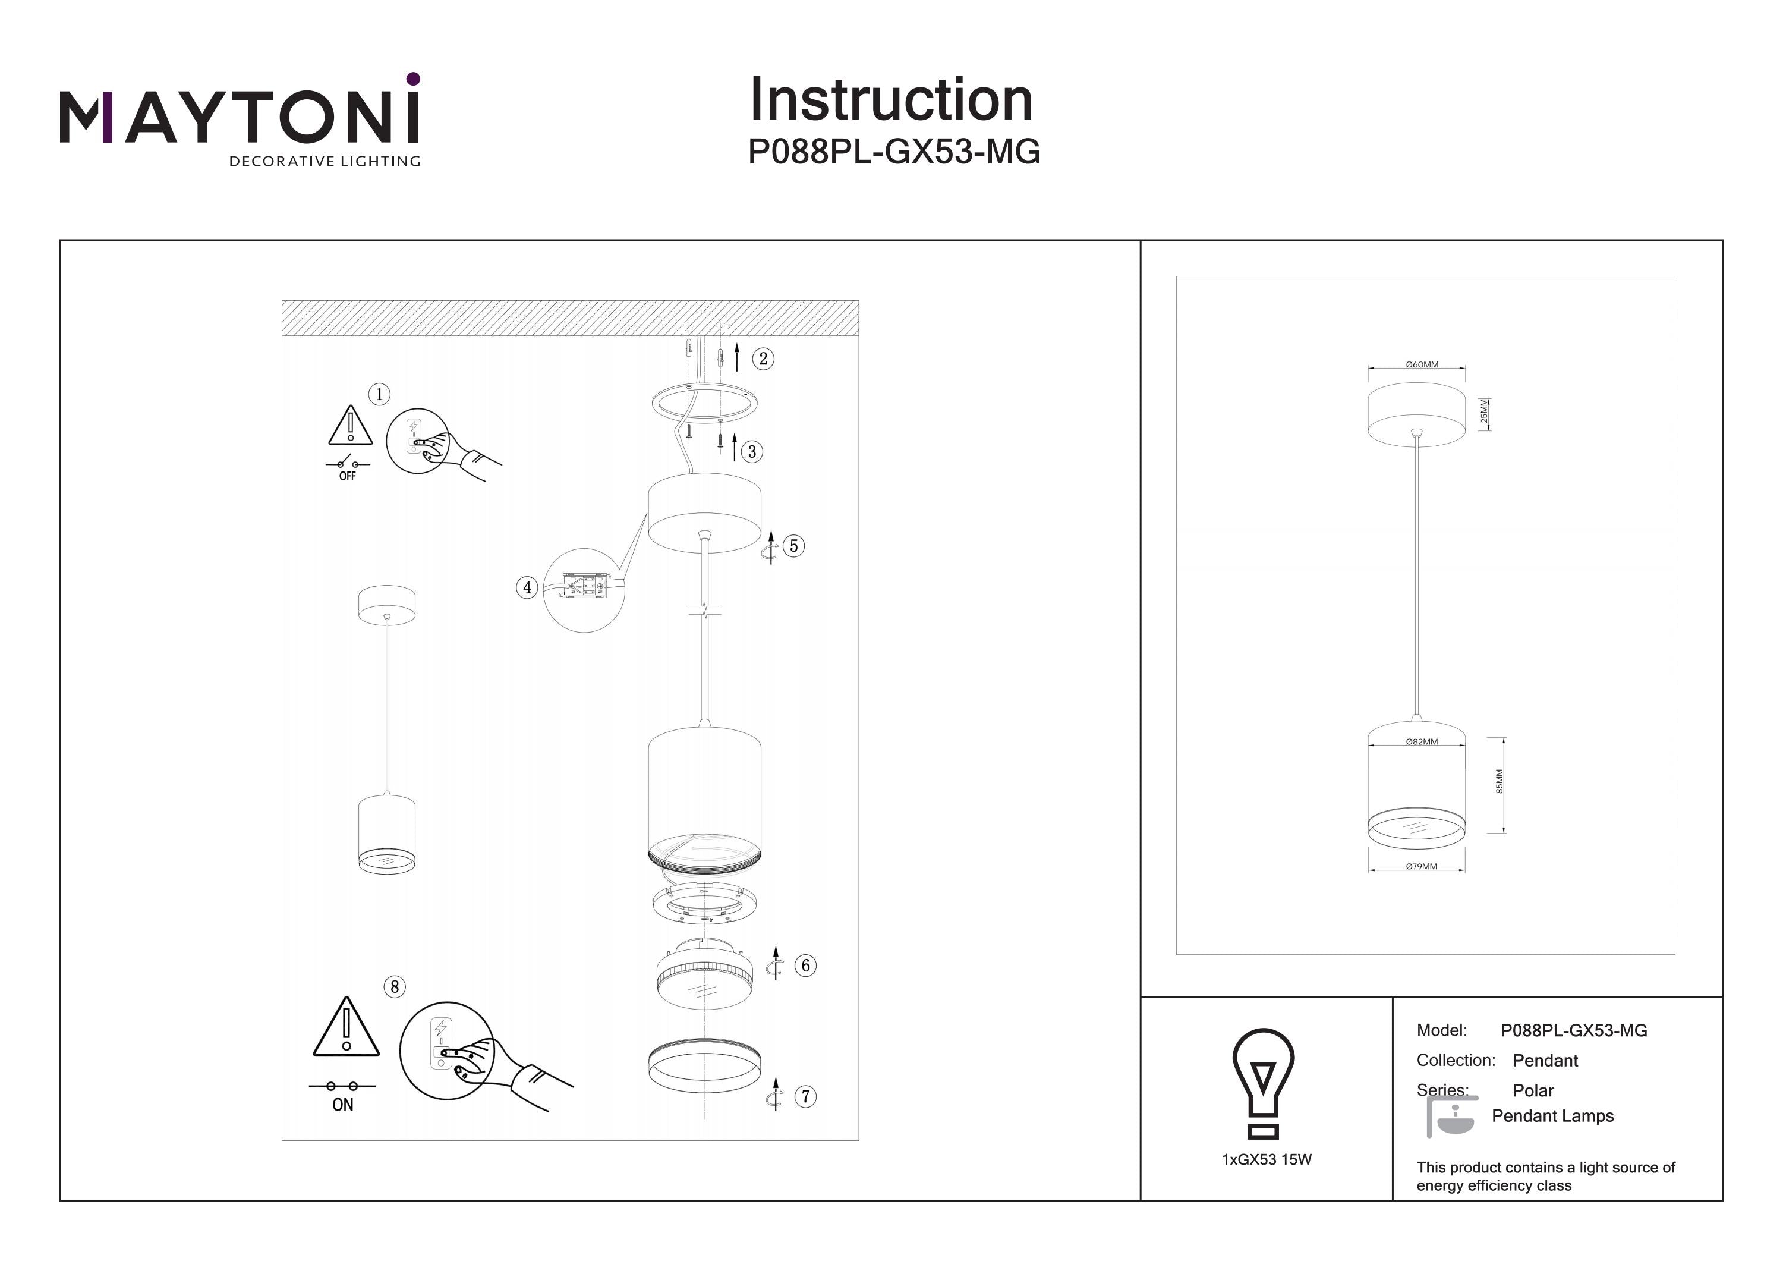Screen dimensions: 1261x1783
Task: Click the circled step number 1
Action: click(379, 394)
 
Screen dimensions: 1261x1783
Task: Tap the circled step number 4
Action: click(527, 587)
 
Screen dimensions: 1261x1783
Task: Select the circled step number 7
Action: click(805, 1096)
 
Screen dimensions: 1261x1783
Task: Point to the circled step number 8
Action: click(395, 987)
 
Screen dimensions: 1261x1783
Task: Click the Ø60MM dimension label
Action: click(1422, 364)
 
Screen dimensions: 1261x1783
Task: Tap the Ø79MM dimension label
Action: click(1421, 866)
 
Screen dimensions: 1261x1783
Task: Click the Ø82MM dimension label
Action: click(1422, 742)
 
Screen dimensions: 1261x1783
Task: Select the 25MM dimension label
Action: click(1484, 413)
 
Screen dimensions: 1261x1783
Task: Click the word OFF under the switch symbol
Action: click(347, 476)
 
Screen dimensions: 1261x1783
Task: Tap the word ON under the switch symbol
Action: click(342, 1105)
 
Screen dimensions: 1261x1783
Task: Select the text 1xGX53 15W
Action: click(1267, 1160)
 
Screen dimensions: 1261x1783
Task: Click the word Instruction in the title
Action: click(891, 100)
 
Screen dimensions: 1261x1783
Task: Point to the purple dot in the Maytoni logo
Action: click(413, 78)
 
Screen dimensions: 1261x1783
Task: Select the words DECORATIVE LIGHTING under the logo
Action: click(325, 162)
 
